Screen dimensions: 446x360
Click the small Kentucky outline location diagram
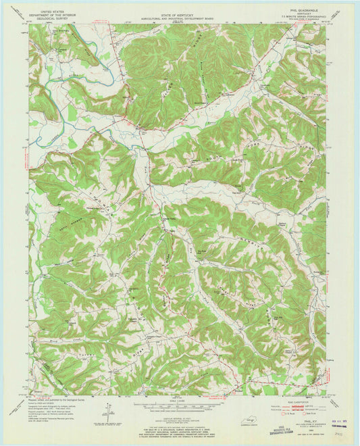251,421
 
